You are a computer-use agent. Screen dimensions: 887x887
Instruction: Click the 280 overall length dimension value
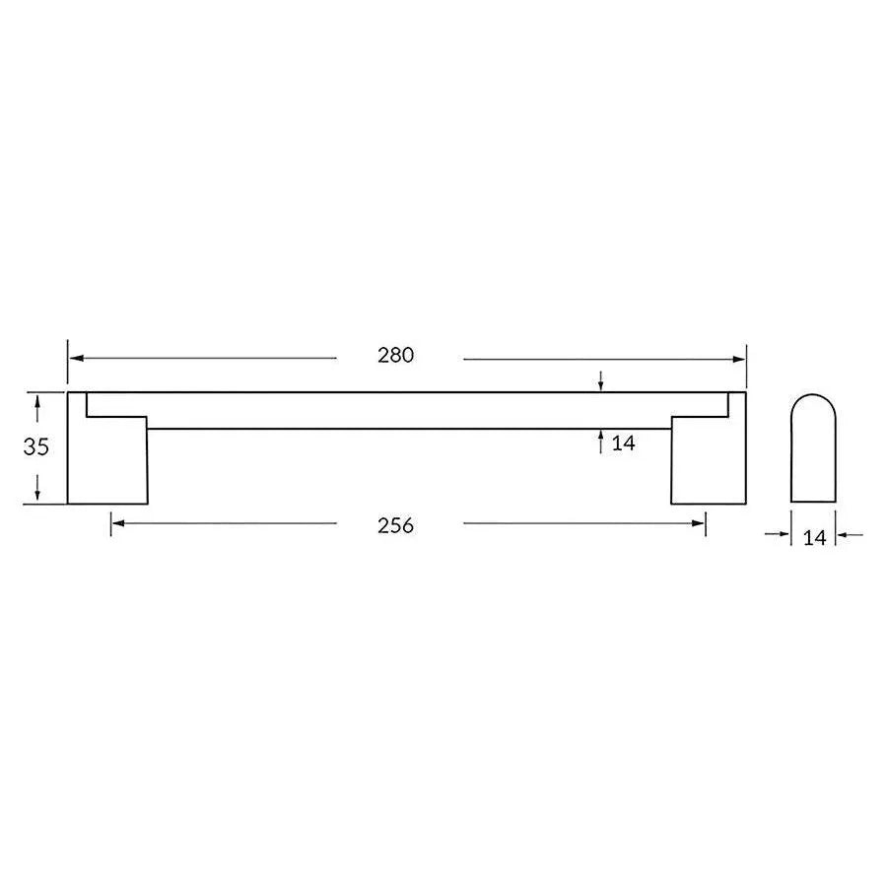coord(395,356)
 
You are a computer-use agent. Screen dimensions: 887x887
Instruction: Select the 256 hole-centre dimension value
coord(395,525)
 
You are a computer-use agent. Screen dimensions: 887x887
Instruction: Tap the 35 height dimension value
coord(36,446)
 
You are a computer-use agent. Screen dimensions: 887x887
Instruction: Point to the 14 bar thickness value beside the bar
coord(623,443)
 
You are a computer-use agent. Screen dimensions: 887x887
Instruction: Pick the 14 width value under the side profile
coord(814,537)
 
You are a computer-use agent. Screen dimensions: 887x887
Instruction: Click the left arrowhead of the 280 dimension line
coord(74,359)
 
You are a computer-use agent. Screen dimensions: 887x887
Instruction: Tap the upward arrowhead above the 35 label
coord(37,401)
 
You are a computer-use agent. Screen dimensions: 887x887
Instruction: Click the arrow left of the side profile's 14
coord(785,535)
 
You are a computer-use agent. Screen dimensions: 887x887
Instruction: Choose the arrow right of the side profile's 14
coord(843,535)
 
